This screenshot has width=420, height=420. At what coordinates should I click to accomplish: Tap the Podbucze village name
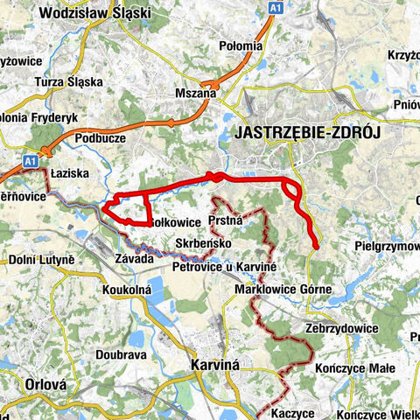(x=100, y=137)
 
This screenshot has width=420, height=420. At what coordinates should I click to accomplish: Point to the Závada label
(x=134, y=258)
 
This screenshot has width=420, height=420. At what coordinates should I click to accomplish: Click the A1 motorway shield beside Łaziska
(x=31, y=161)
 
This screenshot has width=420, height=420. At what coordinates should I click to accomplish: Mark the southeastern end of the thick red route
(x=314, y=248)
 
